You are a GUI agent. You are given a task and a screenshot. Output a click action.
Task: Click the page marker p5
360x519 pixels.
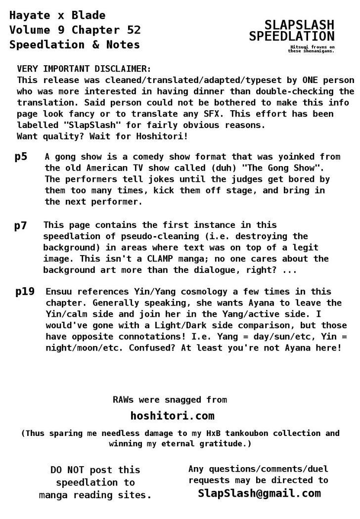(21, 157)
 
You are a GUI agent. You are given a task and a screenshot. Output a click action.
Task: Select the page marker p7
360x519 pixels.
(21, 226)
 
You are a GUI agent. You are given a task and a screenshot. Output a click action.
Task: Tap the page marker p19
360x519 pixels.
(25, 292)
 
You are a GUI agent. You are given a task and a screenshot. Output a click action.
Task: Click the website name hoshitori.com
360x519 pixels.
(172, 415)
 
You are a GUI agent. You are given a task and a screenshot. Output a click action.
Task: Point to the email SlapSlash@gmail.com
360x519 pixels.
(259, 493)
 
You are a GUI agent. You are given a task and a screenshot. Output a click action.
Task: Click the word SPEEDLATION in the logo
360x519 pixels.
(292, 36)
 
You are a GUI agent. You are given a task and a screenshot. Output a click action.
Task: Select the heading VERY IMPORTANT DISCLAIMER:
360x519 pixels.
(84, 68)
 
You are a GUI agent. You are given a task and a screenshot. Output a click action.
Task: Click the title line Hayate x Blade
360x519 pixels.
(57, 15)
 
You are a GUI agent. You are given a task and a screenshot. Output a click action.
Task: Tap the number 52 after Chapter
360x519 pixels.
(134, 30)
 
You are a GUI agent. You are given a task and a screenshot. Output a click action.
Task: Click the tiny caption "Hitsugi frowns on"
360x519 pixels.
(312, 47)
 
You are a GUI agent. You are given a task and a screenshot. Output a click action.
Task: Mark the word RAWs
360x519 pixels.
(124, 399)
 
